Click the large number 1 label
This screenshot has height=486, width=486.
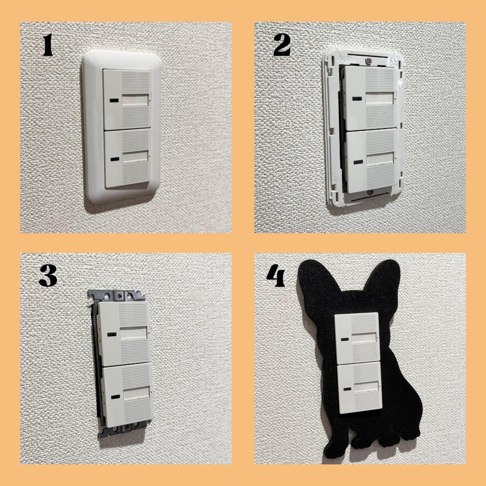pyautogui.click(x=48, y=45)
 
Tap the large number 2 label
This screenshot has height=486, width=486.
pyautogui.click(x=282, y=45)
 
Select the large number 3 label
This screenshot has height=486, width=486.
pyautogui.click(x=48, y=275)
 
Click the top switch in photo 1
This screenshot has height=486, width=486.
pyautogui.click(x=127, y=99)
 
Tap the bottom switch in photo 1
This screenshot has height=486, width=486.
pyautogui.click(x=128, y=159)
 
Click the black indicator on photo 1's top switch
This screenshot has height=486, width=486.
pyautogui.click(x=114, y=100)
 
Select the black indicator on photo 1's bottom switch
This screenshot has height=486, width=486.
pyautogui.click(x=115, y=159)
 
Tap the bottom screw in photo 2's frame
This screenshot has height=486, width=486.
pyautogui.click(x=369, y=193)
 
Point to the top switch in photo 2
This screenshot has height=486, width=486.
pyautogui.click(x=370, y=98)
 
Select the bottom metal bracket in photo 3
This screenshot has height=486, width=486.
pyautogui.click(x=124, y=428)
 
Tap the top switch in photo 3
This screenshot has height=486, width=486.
pyautogui.click(x=124, y=333)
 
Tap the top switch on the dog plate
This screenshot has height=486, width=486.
pyautogui.click(x=357, y=338)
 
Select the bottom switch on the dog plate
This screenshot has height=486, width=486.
pyautogui.click(x=360, y=388)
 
